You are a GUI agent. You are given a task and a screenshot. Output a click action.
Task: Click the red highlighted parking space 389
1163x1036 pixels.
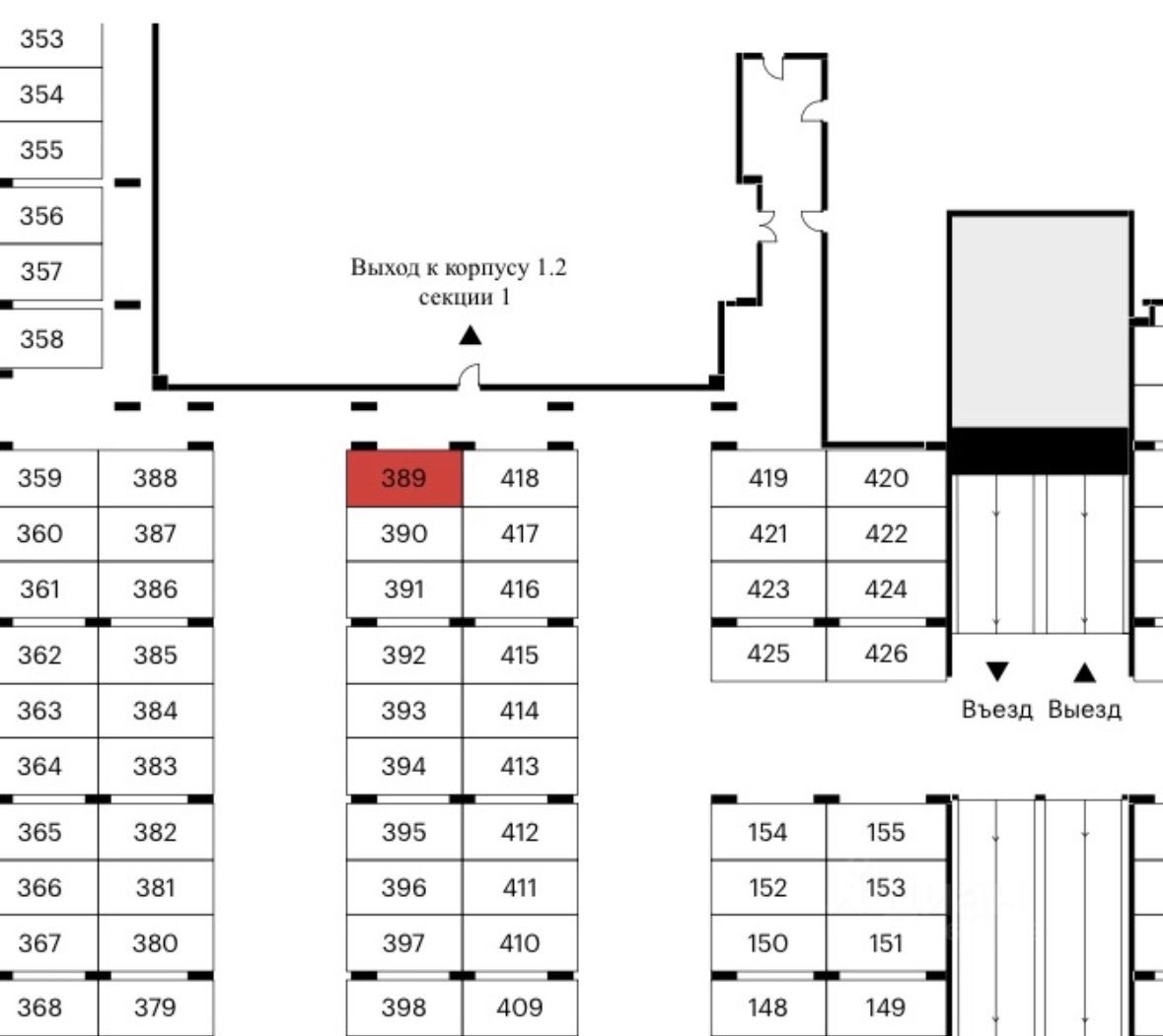403,479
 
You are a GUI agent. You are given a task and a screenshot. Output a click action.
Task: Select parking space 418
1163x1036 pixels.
520,479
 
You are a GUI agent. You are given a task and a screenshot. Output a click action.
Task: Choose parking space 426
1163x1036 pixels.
885,654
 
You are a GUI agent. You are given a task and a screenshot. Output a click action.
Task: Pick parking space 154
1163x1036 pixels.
767,833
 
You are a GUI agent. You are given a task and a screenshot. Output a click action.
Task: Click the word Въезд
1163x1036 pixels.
996,710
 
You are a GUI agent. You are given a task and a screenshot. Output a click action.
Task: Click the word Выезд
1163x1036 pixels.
1084,710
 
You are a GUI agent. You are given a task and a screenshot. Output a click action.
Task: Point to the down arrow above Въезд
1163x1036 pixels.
997,672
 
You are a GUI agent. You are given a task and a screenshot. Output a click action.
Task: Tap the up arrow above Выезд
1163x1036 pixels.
1084,673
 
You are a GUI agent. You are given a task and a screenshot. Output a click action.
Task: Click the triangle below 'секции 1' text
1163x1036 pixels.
471,336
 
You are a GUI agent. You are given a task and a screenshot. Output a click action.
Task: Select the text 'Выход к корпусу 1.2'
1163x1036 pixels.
459,268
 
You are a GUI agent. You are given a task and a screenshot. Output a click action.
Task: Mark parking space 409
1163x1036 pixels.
520,1007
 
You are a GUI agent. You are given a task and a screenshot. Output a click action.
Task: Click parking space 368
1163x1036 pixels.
39,1007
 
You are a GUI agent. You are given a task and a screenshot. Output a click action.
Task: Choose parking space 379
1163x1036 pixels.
155,1007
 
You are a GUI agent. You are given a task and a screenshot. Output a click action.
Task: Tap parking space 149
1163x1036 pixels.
885,1007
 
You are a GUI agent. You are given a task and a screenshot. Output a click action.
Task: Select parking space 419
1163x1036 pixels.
767,479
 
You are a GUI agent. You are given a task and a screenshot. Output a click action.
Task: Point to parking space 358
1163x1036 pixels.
41,339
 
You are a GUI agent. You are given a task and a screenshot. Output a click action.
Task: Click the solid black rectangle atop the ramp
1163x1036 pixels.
1038,449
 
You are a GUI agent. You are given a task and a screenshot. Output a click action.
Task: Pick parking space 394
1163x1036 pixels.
403,767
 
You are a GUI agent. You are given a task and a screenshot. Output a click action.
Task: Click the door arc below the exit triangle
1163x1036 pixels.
470,377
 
